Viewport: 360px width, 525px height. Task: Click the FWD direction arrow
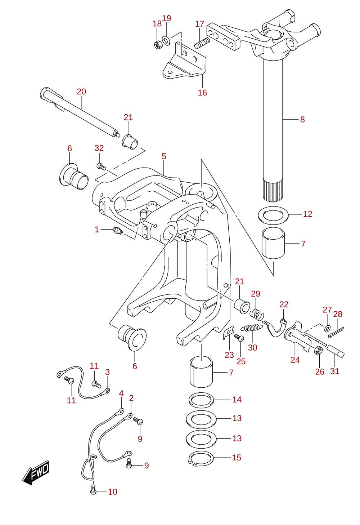[36, 472]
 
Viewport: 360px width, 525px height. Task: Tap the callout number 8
[302, 120]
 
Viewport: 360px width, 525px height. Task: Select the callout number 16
[202, 93]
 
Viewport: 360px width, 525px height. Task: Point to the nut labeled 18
[157, 44]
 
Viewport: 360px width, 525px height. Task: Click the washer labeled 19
[166, 41]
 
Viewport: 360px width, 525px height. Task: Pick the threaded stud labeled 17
[202, 43]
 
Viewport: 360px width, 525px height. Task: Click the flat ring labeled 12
[273, 215]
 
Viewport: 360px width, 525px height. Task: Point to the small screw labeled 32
[101, 166]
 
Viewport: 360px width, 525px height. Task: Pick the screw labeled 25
[239, 338]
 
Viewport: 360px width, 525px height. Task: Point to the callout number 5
[164, 156]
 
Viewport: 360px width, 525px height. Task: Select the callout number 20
[81, 92]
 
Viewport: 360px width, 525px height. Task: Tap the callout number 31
[335, 371]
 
